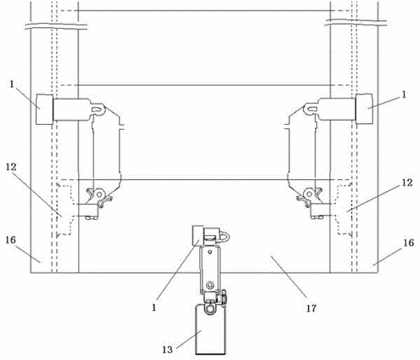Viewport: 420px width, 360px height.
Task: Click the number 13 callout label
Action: point(167,350)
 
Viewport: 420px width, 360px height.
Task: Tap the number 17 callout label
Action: point(311,309)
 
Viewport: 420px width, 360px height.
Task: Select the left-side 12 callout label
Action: point(11,167)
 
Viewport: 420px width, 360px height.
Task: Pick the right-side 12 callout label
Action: point(407,182)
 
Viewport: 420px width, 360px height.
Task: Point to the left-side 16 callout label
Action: point(10,240)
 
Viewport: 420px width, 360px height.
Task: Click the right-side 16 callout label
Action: point(409,243)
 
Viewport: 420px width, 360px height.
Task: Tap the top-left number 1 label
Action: point(12,84)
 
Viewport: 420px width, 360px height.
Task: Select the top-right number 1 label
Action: point(404,94)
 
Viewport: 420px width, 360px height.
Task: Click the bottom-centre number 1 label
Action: point(154,308)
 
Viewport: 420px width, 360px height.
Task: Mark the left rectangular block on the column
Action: point(45,110)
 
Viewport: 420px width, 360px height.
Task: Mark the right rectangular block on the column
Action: point(364,109)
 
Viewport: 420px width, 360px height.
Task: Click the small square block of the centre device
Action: point(198,236)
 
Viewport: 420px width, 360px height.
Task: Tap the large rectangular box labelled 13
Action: point(211,329)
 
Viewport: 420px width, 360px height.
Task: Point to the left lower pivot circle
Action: point(100,193)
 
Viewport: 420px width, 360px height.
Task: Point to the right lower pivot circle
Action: point(310,194)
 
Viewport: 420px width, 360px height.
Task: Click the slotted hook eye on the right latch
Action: point(311,108)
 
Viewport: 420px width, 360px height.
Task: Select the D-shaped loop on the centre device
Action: point(225,237)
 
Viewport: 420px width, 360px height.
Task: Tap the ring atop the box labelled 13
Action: point(210,309)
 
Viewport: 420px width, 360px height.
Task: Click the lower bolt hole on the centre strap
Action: point(210,284)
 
